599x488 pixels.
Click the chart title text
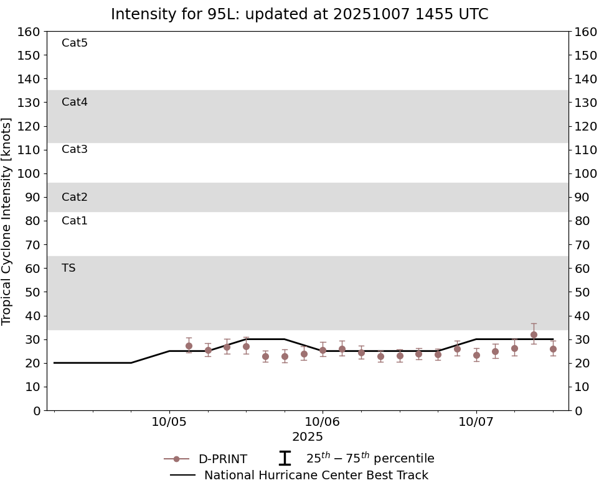[299, 14]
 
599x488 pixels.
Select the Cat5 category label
[75, 43]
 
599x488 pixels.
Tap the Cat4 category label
[75, 102]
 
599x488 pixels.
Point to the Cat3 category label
[75, 149]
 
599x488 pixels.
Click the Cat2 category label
[75, 197]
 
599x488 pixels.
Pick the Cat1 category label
[75, 221]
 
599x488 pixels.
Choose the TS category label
[68, 268]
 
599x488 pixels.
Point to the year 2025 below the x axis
[308, 437]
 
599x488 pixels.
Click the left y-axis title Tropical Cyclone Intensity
[7, 221]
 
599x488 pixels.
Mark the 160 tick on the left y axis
[29, 32]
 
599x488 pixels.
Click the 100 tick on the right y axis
[585, 173]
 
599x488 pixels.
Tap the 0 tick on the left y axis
[36, 410]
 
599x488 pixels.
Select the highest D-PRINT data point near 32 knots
[534, 334]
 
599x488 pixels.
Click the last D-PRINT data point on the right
[553, 349]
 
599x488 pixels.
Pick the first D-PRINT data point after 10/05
[189, 346]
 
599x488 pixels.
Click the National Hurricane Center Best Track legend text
[316, 476]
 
